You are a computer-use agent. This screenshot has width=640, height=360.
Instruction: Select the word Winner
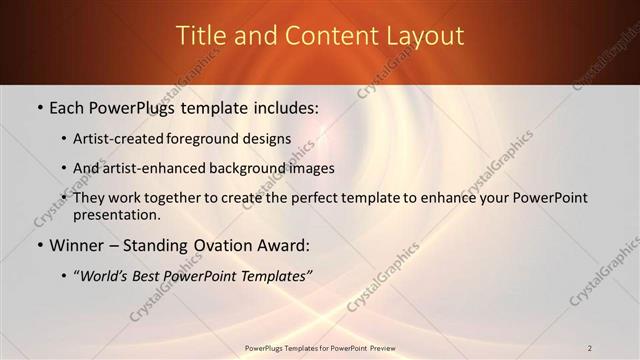(x=78, y=245)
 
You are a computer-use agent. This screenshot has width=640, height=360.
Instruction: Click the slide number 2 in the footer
(x=590, y=348)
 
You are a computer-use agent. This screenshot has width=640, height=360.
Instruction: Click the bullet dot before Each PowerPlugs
(x=39, y=107)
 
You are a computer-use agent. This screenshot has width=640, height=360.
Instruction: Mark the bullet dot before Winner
(x=39, y=246)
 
